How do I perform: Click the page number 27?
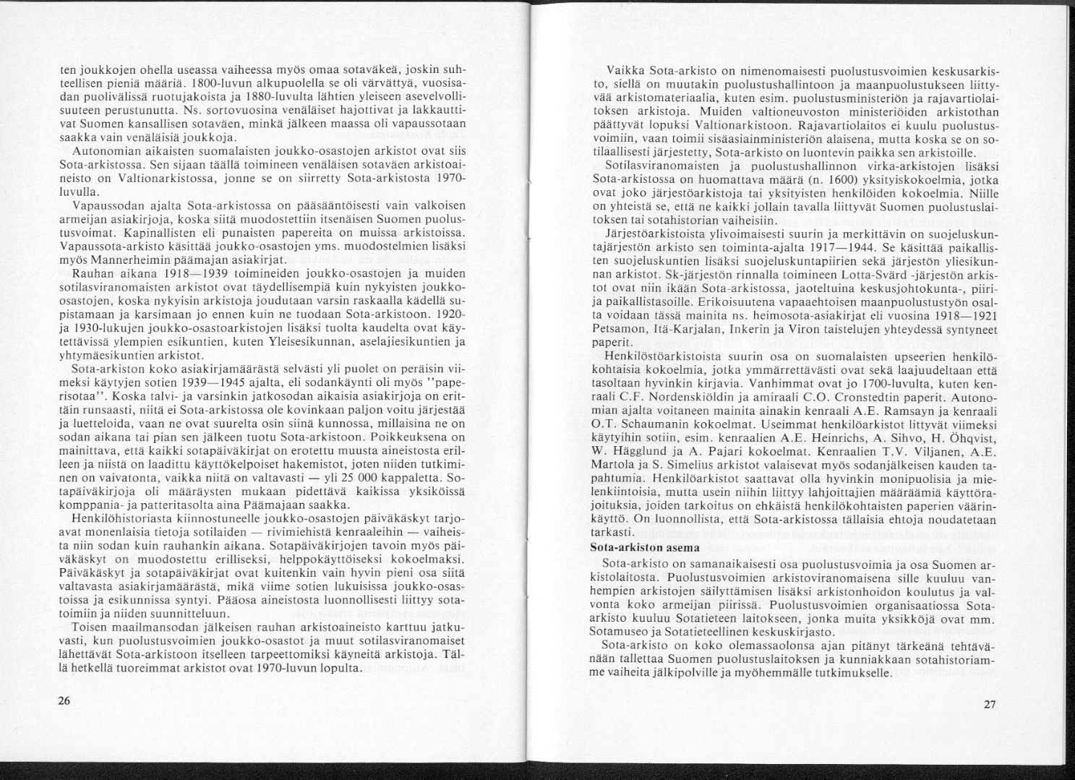pos(990,705)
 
